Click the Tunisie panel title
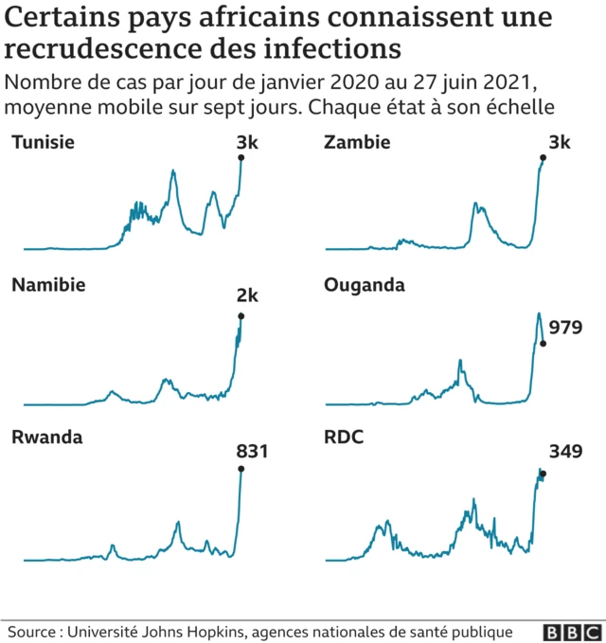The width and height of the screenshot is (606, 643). point(44,143)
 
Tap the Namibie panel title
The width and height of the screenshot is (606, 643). point(48,285)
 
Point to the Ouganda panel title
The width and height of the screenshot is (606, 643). point(365,285)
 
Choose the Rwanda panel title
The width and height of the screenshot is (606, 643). point(46,437)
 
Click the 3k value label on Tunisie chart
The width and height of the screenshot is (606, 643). point(247,143)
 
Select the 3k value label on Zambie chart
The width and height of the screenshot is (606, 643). point(560,143)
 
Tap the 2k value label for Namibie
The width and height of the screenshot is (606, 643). point(247,296)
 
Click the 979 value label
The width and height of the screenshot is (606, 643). point(566,328)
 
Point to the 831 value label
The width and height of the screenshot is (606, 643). point(252,452)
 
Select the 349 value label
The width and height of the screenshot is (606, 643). point(565,452)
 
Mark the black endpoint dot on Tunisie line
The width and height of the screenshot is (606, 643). point(241,158)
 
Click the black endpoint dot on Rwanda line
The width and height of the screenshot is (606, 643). point(241,469)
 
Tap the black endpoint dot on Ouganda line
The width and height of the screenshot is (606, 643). point(543,344)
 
